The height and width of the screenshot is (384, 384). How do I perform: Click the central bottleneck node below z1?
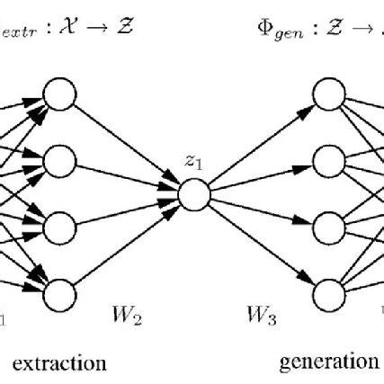pos(192,193)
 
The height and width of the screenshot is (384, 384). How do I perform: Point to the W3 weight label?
pos(260,317)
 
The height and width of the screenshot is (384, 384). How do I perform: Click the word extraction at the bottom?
pos(61,363)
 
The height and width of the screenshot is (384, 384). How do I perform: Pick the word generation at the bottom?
pos(329,362)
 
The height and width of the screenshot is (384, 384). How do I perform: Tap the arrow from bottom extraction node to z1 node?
pos(126,243)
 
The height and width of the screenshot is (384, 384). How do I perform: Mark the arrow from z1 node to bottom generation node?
pos(259,243)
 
